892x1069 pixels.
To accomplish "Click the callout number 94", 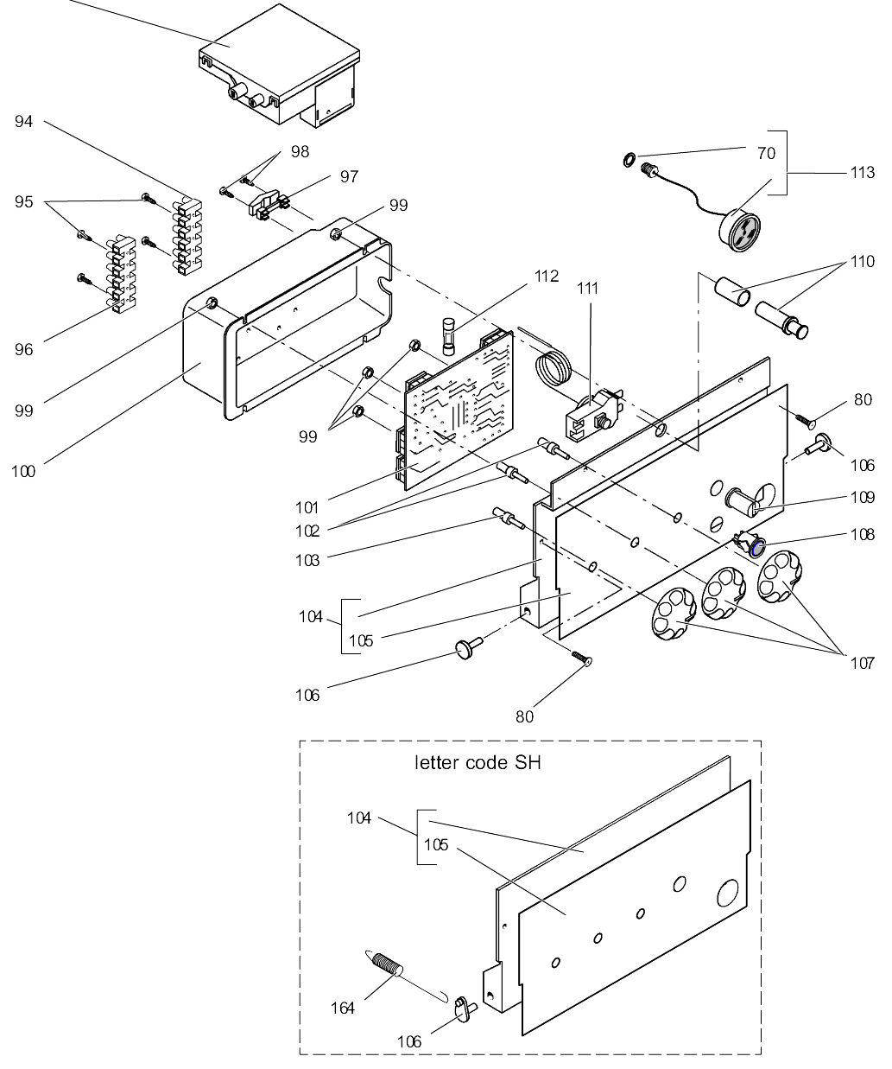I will click(23, 122).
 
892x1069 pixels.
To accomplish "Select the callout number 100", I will click(23, 472).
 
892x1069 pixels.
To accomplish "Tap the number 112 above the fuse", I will click(546, 276).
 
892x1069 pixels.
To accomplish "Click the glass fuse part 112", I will click(446, 336).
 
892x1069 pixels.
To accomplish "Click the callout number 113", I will click(862, 172).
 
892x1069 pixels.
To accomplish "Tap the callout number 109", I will click(862, 497).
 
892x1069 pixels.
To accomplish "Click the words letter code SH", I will click(478, 763).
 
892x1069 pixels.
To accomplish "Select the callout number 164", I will click(344, 1008).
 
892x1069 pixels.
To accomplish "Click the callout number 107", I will click(862, 663).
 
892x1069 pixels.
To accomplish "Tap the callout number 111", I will click(589, 288).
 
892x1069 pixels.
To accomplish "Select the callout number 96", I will click(23, 349).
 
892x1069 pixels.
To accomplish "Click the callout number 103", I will click(306, 560).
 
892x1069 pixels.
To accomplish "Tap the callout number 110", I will click(862, 261).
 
